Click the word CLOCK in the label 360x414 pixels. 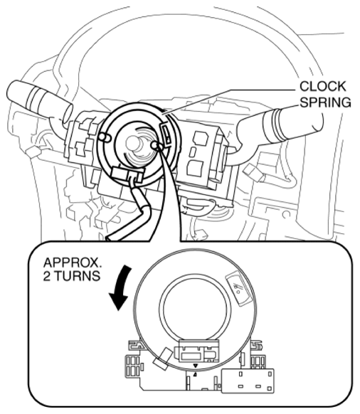point(323,86)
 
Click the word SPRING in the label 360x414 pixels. point(326,102)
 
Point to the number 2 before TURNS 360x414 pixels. point(47,276)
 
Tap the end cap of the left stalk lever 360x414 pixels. point(68,113)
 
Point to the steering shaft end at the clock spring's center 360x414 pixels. point(133,143)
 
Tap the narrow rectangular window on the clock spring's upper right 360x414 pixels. point(166,134)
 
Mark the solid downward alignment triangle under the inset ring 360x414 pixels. point(196,366)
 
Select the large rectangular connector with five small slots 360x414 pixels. point(248,381)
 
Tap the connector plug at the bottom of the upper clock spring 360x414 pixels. point(127,174)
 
